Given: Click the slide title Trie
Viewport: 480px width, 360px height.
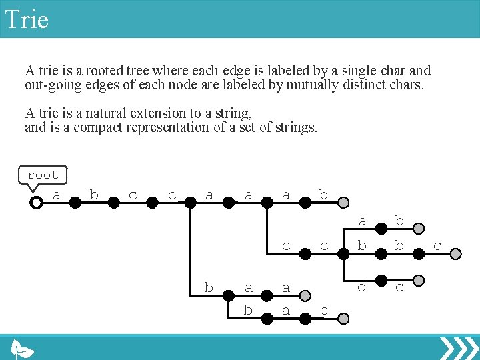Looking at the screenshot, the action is (x=27, y=19).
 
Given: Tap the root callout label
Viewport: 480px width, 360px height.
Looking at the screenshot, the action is (x=43, y=175).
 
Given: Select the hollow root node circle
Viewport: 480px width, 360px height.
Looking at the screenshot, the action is (x=37, y=202).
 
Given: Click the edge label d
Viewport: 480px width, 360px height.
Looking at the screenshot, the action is (x=362, y=288).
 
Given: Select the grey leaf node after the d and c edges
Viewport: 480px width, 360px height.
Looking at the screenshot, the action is (x=418, y=280).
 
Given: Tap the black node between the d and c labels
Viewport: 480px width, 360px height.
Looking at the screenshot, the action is (x=381, y=280).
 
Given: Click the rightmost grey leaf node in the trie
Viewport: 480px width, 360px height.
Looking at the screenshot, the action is (x=455, y=253).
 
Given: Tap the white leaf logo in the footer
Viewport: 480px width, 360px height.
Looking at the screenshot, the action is (x=23, y=349).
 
